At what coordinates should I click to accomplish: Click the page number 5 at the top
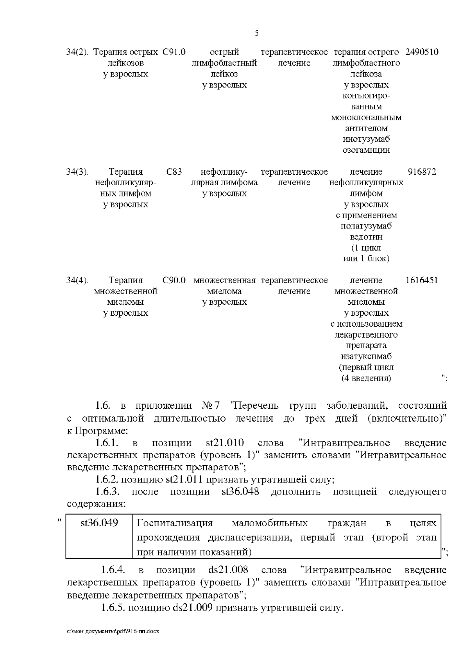tap(257, 33)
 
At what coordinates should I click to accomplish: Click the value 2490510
tap(422, 52)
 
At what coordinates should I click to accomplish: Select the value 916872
tap(422, 172)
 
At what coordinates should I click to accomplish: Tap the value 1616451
tap(422, 280)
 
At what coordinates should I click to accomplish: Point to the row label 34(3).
tap(77, 172)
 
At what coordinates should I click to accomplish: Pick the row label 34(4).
tap(77, 280)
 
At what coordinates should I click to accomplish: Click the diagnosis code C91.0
tap(174, 52)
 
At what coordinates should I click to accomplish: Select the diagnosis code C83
tap(174, 172)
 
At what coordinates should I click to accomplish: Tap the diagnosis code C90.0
tap(174, 280)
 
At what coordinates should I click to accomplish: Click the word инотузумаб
tap(366, 139)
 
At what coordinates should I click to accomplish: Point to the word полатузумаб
tap(366, 226)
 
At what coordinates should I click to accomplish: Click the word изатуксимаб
tap(366, 356)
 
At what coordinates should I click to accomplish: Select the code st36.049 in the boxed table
tap(99, 523)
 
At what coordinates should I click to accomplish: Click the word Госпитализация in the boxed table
tap(175, 523)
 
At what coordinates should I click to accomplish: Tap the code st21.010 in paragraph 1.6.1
tap(225, 443)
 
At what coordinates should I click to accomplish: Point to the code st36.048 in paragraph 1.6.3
tap(240, 491)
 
